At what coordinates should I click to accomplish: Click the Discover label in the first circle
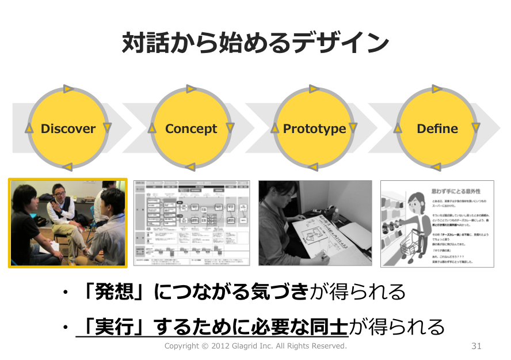[x=68, y=129]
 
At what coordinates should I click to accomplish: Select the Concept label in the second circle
[x=191, y=129]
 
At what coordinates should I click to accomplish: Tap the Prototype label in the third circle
[x=314, y=129]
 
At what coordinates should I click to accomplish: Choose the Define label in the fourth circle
[x=437, y=129]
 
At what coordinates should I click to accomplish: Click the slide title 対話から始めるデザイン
[x=255, y=43]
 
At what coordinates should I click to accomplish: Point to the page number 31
[x=476, y=346]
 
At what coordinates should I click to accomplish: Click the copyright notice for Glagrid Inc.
[x=255, y=346]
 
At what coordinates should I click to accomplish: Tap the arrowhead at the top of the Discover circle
[x=68, y=89]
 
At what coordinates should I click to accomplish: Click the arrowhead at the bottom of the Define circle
[x=436, y=168]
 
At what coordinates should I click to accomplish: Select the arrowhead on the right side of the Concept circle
[x=230, y=128]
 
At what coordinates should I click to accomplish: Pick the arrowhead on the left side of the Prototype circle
[x=275, y=128]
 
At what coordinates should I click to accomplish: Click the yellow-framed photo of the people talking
[x=68, y=223]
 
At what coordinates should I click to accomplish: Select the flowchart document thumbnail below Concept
[x=192, y=223]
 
